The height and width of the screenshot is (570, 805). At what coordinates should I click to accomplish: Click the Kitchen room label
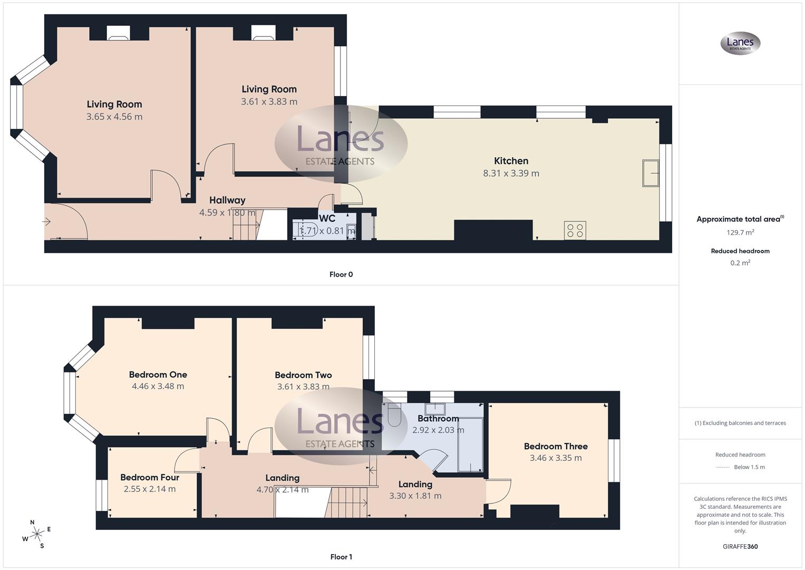click(x=511, y=161)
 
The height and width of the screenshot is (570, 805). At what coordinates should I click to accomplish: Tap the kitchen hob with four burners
click(x=575, y=231)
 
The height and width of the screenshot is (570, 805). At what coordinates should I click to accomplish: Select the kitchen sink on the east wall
click(x=651, y=173)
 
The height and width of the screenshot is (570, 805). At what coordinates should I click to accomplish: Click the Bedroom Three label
click(x=556, y=446)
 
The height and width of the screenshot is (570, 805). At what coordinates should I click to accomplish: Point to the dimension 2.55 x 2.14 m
click(x=150, y=489)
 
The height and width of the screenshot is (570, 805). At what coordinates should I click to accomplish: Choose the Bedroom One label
click(x=158, y=375)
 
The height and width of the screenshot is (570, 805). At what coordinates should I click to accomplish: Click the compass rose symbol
click(x=37, y=534)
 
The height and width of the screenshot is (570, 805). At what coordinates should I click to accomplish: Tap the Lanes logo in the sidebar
click(x=740, y=43)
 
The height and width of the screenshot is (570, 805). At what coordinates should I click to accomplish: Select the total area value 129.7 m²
click(x=740, y=232)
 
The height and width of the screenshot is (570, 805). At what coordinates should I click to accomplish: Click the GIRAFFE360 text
click(x=740, y=547)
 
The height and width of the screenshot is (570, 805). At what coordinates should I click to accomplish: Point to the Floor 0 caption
click(x=341, y=274)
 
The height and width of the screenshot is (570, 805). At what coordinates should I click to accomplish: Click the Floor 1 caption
click(x=341, y=557)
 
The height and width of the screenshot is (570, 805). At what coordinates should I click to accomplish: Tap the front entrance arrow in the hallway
click(x=47, y=222)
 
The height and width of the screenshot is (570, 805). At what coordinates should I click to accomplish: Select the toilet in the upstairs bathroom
click(x=393, y=415)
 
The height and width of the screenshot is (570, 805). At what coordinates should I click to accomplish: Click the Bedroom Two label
click(x=303, y=375)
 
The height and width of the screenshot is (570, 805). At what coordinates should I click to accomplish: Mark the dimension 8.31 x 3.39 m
click(x=511, y=174)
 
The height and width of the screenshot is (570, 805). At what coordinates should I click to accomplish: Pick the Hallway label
click(x=227, y=201)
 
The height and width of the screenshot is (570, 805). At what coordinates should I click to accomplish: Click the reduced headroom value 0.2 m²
click(x=740, y=263)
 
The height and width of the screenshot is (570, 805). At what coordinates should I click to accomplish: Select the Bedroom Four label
click(x=150, y=478)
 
